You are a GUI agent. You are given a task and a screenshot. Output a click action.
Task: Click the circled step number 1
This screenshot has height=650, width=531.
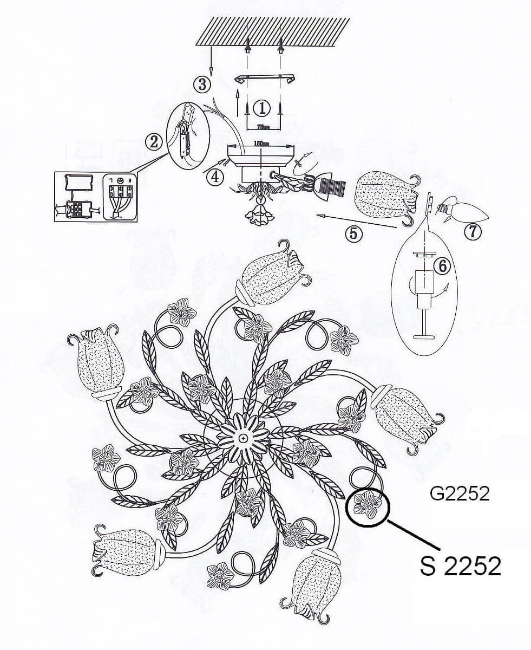click(x=262, y=108)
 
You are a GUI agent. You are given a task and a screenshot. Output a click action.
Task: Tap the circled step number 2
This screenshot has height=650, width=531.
click(x=154, y=142)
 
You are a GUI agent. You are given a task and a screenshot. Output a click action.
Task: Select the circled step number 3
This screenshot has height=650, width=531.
click(x=202, y=84)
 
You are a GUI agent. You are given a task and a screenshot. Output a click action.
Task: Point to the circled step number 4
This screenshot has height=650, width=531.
click(x=215, y=177)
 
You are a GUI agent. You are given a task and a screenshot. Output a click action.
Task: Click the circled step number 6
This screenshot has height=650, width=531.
click(x=442, y=265)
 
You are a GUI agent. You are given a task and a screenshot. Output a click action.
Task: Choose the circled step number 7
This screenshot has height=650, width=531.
click(x=473, y=231)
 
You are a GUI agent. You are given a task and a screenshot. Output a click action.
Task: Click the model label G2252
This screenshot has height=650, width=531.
click(x=460, y=493)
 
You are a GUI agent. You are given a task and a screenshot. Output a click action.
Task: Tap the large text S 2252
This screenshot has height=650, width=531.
click(x=460, y=566)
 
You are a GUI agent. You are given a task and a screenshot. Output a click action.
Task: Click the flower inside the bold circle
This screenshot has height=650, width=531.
click(x=368, y=505)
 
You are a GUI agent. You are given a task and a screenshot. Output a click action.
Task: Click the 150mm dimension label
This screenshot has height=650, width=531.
click(x=262, y=143)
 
